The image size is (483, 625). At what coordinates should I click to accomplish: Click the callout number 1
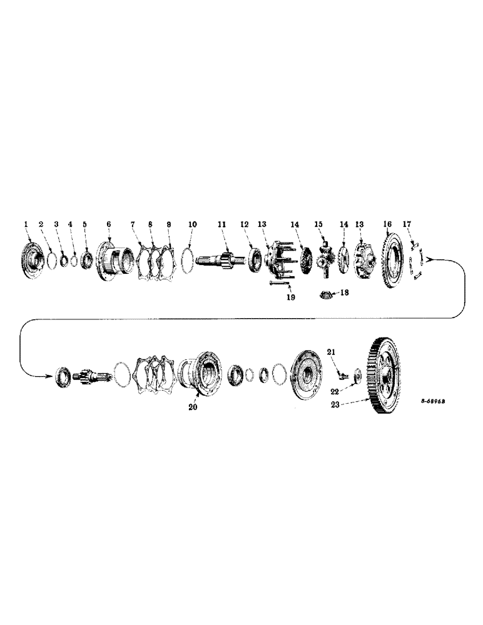click(26, 224)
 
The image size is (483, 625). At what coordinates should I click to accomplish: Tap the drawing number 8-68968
click(436, 401)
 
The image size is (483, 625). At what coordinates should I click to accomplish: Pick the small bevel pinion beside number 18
click(327, 294)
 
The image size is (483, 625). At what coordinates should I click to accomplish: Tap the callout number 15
click(318, 224)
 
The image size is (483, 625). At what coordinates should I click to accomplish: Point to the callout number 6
click(108, 224)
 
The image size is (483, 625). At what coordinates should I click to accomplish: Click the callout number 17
click(407, 224)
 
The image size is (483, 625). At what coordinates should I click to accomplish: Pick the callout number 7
click(133, 224)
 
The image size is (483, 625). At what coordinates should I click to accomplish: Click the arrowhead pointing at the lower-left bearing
click(48, 375)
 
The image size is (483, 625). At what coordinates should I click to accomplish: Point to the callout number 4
click(71, 224)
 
